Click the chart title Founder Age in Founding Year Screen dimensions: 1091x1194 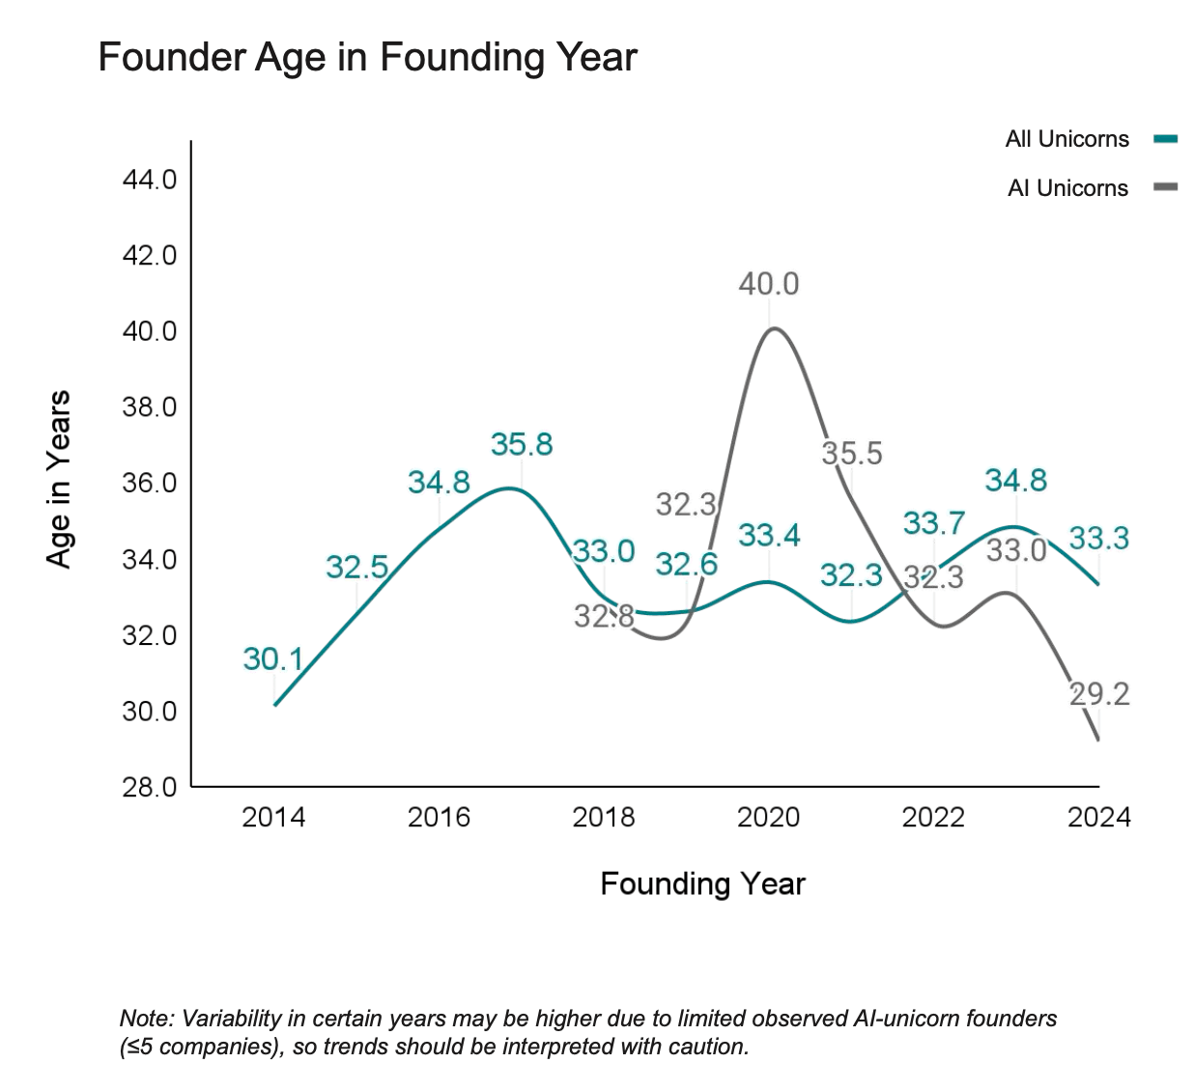[x=367, y=57]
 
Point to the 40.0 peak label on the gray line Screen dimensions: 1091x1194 [x=769, y=284]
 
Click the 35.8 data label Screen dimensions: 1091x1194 [x=522, y=444]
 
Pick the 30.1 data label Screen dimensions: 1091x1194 [x=273, y=659]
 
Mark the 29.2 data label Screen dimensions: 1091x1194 [x=1099, y=693]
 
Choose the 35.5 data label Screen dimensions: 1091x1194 [x=852, y=453]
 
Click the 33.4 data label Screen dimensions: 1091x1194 [x=769, y=535]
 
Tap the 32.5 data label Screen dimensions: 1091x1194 [x=356, y=568]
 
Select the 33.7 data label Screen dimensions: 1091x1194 [x=934, y=523]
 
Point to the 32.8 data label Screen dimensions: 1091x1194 [x=604, y=616]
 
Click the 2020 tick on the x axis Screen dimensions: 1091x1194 [x=769, y=818]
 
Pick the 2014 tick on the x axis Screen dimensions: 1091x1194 [x=273, y=818]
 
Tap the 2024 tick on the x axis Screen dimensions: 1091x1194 [x=1099, y=818]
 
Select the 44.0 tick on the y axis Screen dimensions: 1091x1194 [x=150, y=180]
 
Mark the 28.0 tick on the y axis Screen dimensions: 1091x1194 [x=150, y=787]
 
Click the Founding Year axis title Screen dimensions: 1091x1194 [x=702, y=883]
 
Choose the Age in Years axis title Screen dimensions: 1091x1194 [x=60, y=480]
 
